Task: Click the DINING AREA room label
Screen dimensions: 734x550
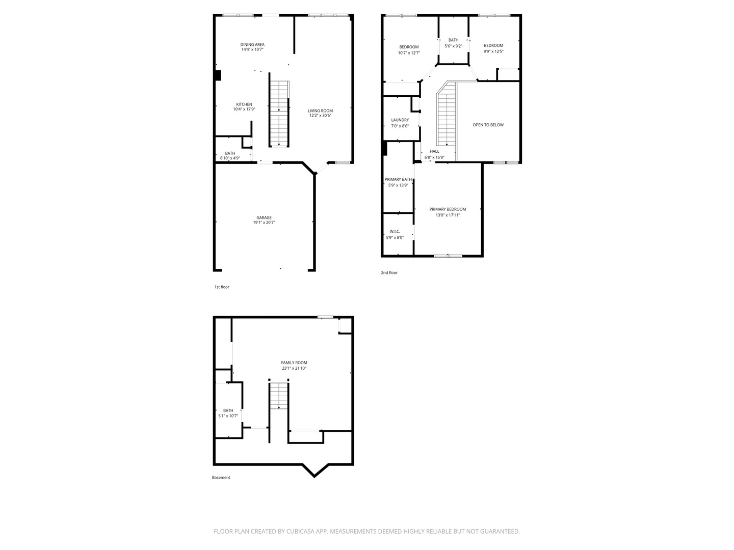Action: [x=252, y=44]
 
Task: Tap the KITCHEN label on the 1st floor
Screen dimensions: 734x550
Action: [x=244, y=104]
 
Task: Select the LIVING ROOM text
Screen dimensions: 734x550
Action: [x=320, y=111]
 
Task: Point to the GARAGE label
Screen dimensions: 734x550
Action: [x=264, y=217]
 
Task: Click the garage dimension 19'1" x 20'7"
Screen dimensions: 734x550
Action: [x=264, y=223]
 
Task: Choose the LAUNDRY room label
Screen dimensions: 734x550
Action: [x=400, y=120]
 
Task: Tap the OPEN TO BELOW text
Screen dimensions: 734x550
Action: [x=488, y=125]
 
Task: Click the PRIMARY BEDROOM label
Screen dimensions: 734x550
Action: [x=448, y=209]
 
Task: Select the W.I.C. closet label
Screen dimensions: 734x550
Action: [x=395, y=231]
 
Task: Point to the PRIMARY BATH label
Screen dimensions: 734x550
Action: [x=398, y=179]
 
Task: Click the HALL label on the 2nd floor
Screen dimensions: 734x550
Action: [x=434, y=151]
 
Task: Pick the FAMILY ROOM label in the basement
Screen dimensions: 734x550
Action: [x=294, y=363]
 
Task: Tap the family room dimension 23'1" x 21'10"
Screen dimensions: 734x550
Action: [x=294, y=368]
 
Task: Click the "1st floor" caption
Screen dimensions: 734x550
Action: [x=222, y=287]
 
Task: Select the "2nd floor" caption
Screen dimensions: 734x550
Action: [x=389, y=272]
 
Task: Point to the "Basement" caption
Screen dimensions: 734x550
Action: [x=221, y=478]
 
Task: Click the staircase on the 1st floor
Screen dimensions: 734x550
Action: [x=279, y=114]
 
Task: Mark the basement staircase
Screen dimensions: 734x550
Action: [x=279, y=396]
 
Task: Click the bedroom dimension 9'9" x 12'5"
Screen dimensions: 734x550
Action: [x=493, y=51]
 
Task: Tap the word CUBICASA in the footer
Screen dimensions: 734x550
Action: [x=300, y=531]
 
